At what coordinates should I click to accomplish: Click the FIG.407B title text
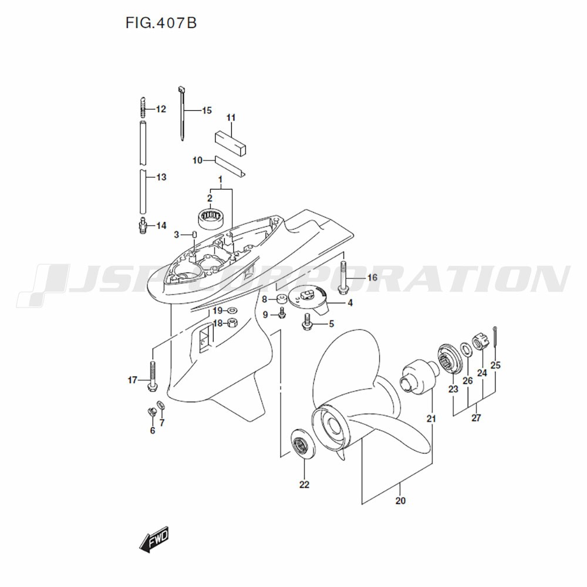(161, 23)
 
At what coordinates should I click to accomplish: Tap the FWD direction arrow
(154, 539)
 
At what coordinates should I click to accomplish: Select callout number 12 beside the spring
(161, 109)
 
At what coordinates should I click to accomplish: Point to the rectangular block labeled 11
(231, 143)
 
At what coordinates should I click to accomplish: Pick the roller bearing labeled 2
(210, 218)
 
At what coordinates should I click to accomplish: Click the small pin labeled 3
(195, 235)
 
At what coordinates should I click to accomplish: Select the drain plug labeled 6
(151, 412)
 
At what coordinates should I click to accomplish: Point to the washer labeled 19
(232, 311)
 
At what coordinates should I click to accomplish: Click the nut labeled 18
(232, 322)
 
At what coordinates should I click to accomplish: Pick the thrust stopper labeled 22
(304, 444)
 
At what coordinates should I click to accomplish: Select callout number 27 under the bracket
(476, 418)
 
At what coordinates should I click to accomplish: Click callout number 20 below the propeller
(400, 501)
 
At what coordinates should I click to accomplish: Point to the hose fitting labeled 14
(142, 226)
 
